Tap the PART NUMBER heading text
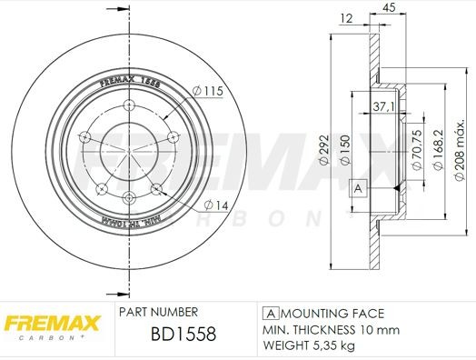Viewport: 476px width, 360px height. (160, 310)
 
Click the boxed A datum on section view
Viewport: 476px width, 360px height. (358, 188)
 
